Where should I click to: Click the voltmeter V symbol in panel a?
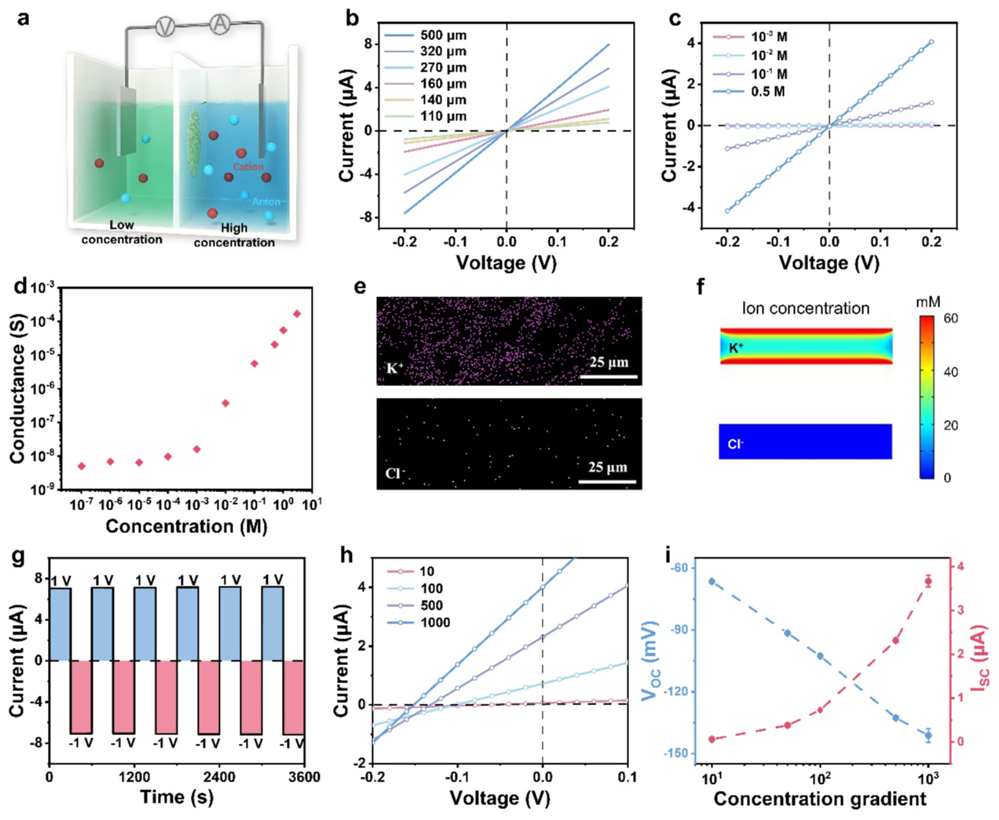pyautogui.click(x=164, y=27)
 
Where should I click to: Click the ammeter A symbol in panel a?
pyautogui.click(x=219, y=26)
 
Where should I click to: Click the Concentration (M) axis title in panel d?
pyautogui.click(x=186, y=526)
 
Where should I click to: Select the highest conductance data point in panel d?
pyautogui.click(x=297, y=314)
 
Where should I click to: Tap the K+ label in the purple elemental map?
pyautogui.click(x=393, y=368)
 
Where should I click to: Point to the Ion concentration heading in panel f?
pyautogui.click(x=806, y=308)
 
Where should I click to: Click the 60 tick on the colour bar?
pyautogui.click(x=950, y=318)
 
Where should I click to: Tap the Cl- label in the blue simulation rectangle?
pyautogui.click(x=735, y=444)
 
